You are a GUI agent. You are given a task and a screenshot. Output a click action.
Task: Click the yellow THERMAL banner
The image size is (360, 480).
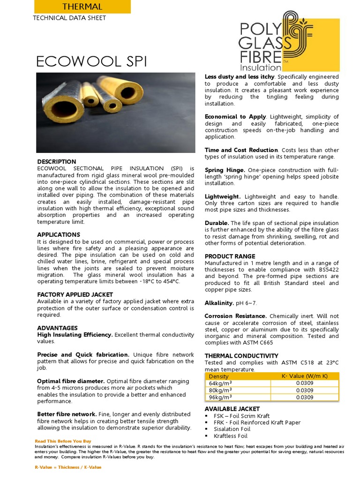82,7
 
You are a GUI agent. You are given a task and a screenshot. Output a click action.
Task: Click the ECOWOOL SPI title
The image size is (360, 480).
91,62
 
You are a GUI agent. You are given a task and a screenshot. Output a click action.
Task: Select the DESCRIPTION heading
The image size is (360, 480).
56,162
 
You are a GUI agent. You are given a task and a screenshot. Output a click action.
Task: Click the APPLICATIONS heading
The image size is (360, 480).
59,234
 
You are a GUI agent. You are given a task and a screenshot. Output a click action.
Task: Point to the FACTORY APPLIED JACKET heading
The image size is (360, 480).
75,294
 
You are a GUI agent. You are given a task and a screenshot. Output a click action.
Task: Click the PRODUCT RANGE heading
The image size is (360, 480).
230,256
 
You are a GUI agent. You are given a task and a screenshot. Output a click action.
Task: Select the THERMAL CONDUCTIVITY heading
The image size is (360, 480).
241,356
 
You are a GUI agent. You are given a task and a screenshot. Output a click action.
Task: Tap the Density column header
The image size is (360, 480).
219,376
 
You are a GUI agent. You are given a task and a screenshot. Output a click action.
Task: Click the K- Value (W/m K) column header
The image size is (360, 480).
304,376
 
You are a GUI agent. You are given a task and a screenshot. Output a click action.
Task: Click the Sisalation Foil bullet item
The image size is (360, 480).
232,429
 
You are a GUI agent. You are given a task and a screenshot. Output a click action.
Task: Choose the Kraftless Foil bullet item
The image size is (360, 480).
230,436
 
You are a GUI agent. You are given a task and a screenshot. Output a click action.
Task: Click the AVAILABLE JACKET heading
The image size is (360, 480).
232,409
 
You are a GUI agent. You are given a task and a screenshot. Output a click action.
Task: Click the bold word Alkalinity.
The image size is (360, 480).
219,303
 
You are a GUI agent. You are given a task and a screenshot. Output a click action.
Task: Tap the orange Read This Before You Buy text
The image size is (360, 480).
63,441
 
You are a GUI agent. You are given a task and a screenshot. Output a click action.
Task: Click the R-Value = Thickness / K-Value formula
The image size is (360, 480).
68,467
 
